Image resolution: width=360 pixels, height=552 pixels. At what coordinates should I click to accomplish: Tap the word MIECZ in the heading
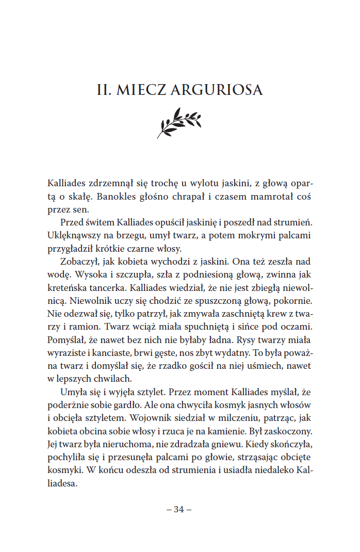pos(140,90)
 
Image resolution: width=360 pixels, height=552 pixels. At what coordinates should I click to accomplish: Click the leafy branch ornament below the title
pos(179,122)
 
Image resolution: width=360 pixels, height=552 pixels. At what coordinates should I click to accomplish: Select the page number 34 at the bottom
pos(179,509)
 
